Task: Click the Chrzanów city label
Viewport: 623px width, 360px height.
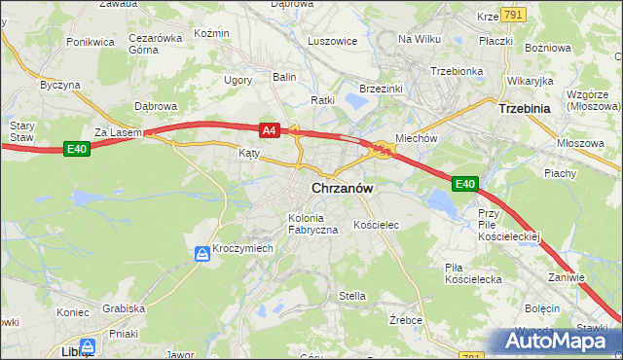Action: pyautogui.click(x=344, y=189)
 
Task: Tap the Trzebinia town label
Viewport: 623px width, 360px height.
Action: pyautogui.click(x=527, y=109)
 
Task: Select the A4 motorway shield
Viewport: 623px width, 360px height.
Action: pyautogui.click(x=271, y=129)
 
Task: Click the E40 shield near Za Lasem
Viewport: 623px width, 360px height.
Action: pyautogui.click(x=78, y=148)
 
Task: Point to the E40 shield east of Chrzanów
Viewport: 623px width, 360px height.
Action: pyautogui.click(x=465, y=183)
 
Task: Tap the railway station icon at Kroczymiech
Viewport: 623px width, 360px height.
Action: pyautogui.click(x=202, y=254)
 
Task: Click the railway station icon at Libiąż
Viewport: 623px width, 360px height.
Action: pyautogui.click(x=88, y=345)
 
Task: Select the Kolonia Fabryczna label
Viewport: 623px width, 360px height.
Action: pyautogui.click(x=312, y=223)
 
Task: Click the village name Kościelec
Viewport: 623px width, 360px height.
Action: pyautogui.click(x=377, y=225)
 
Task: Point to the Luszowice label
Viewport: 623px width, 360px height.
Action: pyautogui.click(x=333, y=41)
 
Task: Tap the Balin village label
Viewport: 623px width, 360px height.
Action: pyautogui.click(x=284, y=76)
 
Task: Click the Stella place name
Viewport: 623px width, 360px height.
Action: pyautogui.click(x=351, y=296)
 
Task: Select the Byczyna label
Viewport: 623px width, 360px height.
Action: pyautogui.click(x=59, y=85)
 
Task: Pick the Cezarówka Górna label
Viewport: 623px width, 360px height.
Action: pyautogui.click(x=156, y=45)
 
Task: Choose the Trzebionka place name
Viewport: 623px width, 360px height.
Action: pyautogui.click(x=457, y=71)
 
